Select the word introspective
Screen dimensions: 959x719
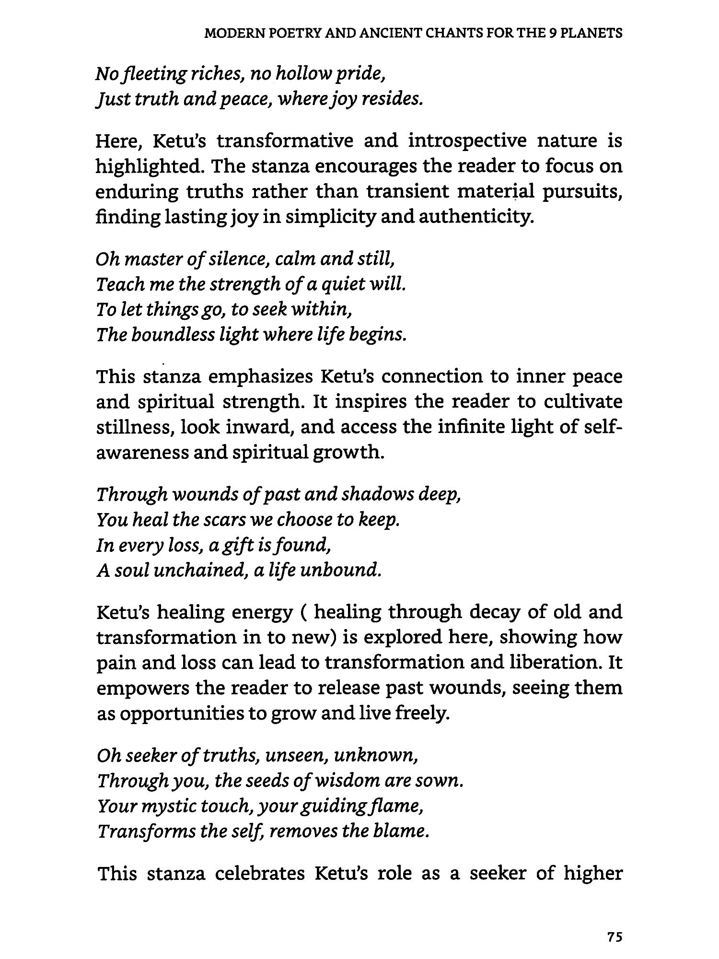coord(467,141)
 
